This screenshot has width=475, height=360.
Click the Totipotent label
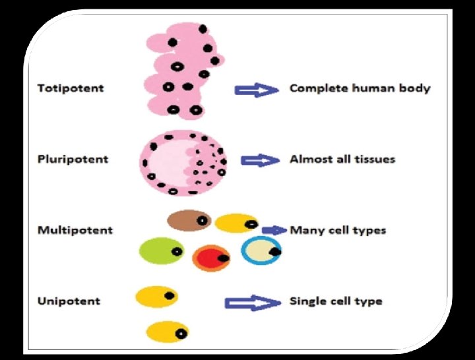(x=70, y=88)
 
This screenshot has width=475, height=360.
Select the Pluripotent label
(x=73, y=160)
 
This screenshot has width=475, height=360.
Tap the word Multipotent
(x=75, y=230)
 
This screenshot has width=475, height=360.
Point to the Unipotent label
(x=69, y=301)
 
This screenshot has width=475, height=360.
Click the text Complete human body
(x=360, y=88)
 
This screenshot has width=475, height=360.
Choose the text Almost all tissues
(x=342, y=160)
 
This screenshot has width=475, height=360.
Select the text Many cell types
(x=338, y=231)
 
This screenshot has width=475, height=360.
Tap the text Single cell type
(x=336, y=301)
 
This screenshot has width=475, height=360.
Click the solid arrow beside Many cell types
(x=273, y=230)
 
